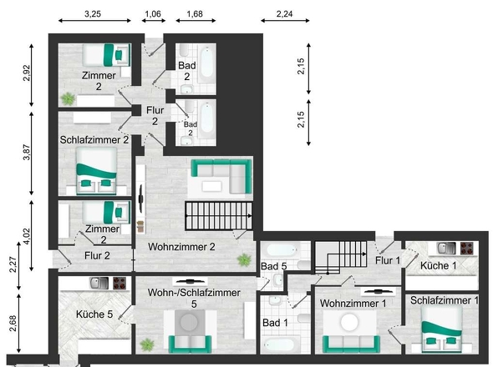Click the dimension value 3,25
(x=93, y=14)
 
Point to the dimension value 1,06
(x=153, y=14)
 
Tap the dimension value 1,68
(x=196, y=14)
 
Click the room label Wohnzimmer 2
(x=182, y=247)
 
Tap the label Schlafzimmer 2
(x=94, y=139)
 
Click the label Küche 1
(x=439, y=265)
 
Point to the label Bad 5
(x=273, y=267)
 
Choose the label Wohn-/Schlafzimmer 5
(x=194, y=299)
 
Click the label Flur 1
(x=387, y=261)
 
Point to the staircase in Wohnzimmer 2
(x=216, y=217)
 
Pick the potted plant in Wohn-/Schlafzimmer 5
(x=149, y=343)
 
